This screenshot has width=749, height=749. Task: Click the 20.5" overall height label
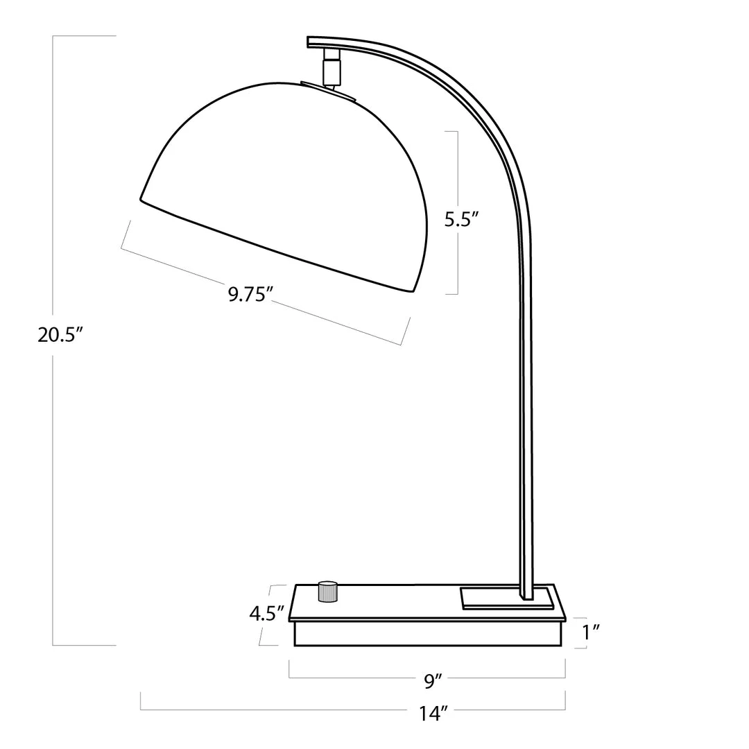(61, 335)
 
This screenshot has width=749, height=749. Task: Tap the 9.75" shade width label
(248, 295)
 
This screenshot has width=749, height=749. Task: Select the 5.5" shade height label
(462, 220)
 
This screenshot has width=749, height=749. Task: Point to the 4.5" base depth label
(267, 613)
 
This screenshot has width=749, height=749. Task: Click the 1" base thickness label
(591, 631)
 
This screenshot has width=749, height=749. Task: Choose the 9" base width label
(434, 681)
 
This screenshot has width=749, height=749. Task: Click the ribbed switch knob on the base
(327, 592)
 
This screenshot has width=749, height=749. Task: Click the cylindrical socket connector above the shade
(332, 70)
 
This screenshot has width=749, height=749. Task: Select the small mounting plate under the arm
(507, 599)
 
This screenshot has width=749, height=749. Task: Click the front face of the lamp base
(427, 633)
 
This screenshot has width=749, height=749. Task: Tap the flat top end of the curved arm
(310, 42)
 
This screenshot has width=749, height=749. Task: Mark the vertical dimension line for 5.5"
(458, 166)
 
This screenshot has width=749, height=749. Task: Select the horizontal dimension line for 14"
(277, 710)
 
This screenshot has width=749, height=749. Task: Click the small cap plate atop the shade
(329, 92)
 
